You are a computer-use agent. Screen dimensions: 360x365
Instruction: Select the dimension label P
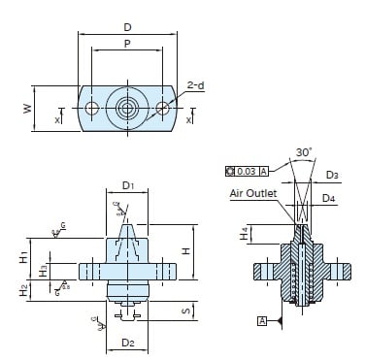click(x=127, y=44)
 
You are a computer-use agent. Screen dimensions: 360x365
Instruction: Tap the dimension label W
click(x=29, y=109)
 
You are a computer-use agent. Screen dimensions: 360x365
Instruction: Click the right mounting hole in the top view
click(x=161, y=110)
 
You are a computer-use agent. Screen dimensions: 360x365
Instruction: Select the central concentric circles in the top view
click(x=127, y=110)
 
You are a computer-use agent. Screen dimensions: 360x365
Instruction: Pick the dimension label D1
click(x=127, y=184)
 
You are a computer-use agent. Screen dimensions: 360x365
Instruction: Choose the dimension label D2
click(x=127, y=343)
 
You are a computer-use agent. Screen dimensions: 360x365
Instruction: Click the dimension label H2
click(x=21, y=289)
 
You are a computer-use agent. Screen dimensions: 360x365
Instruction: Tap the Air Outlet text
click(x=253, y=193)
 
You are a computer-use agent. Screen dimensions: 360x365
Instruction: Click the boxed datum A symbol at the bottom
click(x=262, y=319)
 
